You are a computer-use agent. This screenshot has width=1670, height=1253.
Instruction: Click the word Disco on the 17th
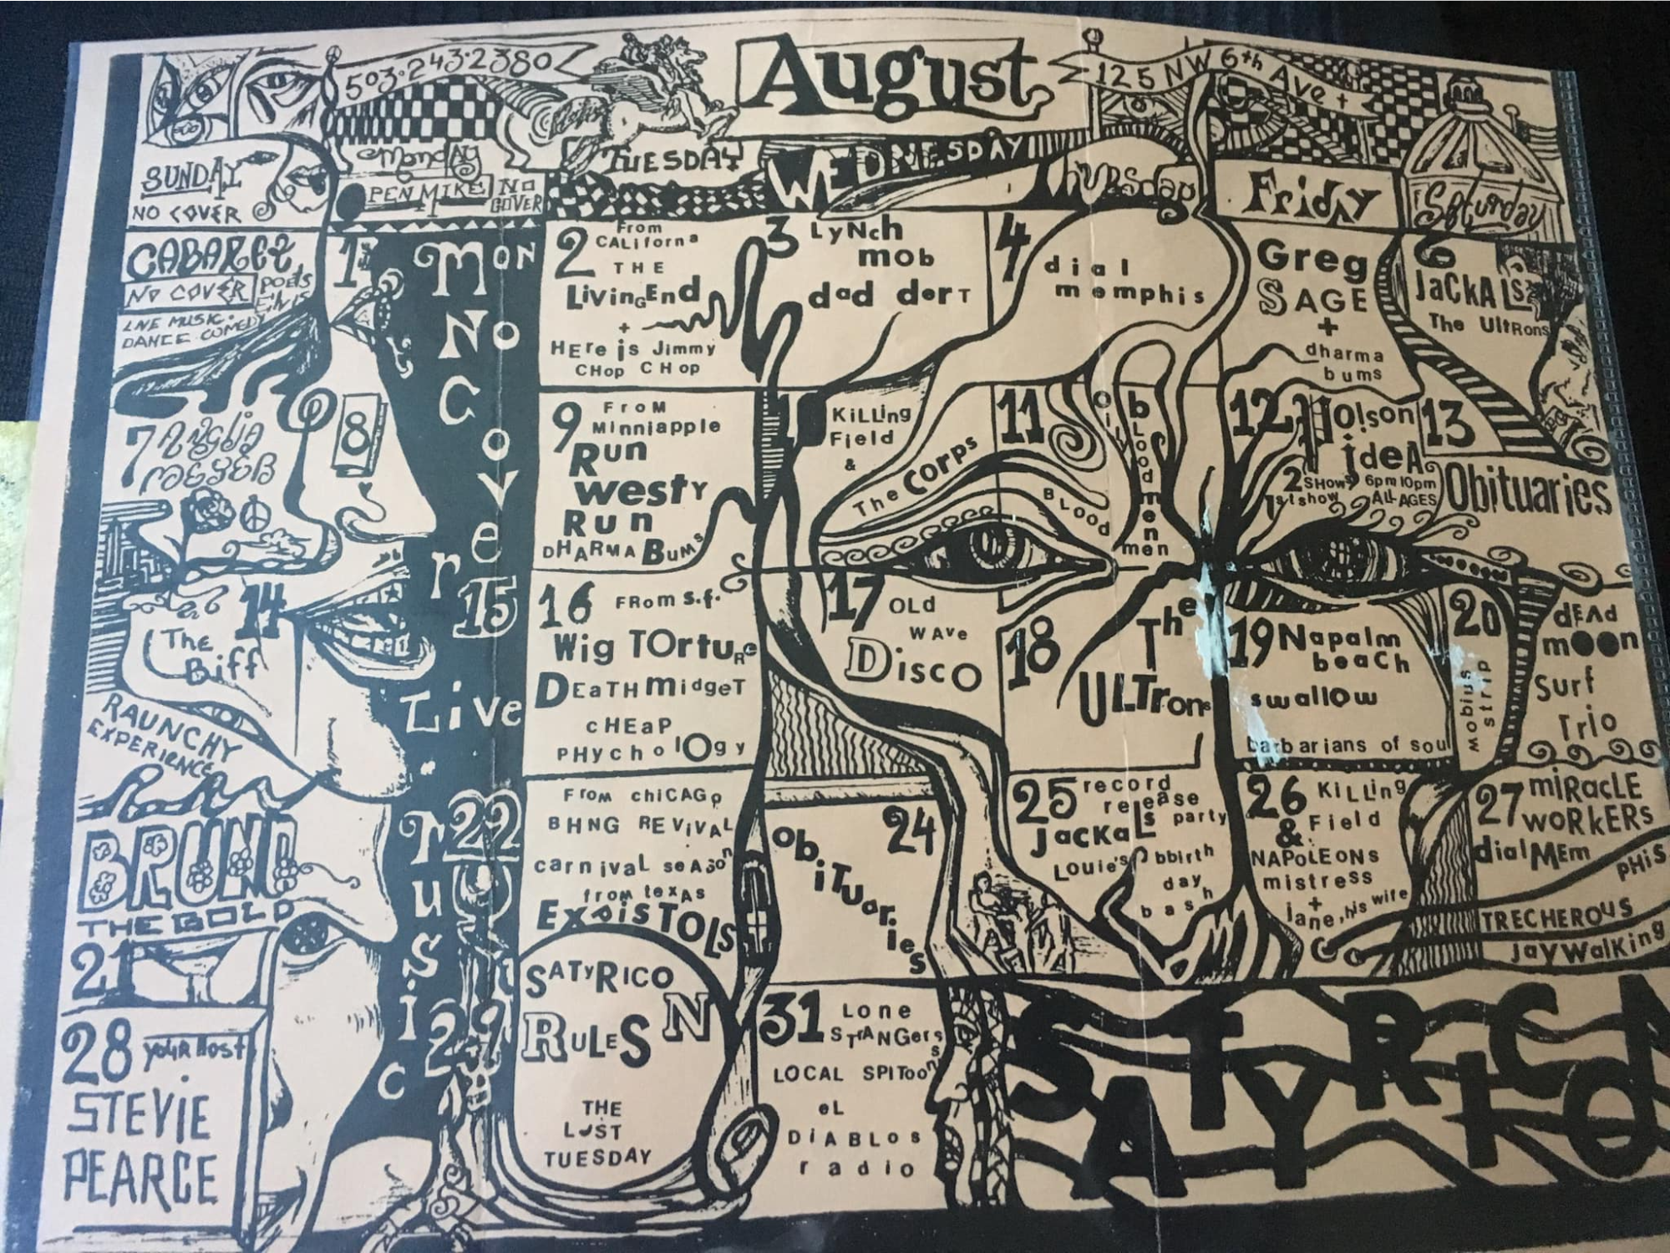click(911, 668)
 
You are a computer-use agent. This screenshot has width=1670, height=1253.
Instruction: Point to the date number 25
click(1048, 802)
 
